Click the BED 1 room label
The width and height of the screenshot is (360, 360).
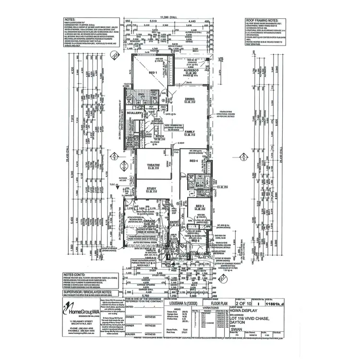click(154, 72)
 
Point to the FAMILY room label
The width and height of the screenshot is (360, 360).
click(190, 131)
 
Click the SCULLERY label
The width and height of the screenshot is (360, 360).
click(134, 113)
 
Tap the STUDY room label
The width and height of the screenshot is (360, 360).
click(153, 189)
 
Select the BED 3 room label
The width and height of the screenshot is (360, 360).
click(199, 206)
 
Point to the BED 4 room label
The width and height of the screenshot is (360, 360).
click(194, 161)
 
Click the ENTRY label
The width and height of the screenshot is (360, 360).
click(173, 221)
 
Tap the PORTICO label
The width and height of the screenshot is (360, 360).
click(168, 250)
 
